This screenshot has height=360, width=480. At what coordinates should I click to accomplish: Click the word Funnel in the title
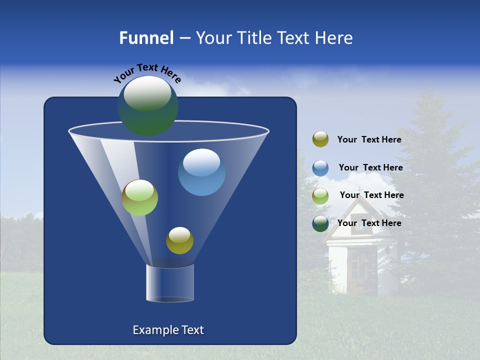(x=146, y=38)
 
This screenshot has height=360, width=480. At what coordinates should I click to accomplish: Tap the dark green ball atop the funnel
(x=147, y=105)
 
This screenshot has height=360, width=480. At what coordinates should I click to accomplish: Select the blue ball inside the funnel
(x=201, y=172)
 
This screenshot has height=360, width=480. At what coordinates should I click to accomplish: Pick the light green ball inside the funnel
(x=139, y=197)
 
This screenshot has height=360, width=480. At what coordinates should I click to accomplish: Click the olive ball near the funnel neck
(x=179, y=240)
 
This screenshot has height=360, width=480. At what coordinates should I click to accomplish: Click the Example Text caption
(x=168, y=330)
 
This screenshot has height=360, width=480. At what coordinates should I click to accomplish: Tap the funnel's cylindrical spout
(x=169, y=283)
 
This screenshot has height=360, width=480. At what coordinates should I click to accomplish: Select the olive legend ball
(x=320, y=139)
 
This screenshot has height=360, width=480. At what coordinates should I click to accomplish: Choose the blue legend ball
(x=320, y=168)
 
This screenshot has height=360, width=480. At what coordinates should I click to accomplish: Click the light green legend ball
(x=320, y=196)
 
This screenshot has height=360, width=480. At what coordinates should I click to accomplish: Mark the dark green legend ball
(x=320, y=223)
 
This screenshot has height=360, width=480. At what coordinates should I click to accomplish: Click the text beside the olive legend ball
(x=369, y=140)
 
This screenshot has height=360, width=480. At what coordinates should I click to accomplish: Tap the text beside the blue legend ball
(x=370, y=168)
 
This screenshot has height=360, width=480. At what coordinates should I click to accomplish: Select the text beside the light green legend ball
(x=371, y=195)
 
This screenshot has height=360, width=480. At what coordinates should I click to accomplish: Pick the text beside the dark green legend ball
(x=369, y=223)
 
